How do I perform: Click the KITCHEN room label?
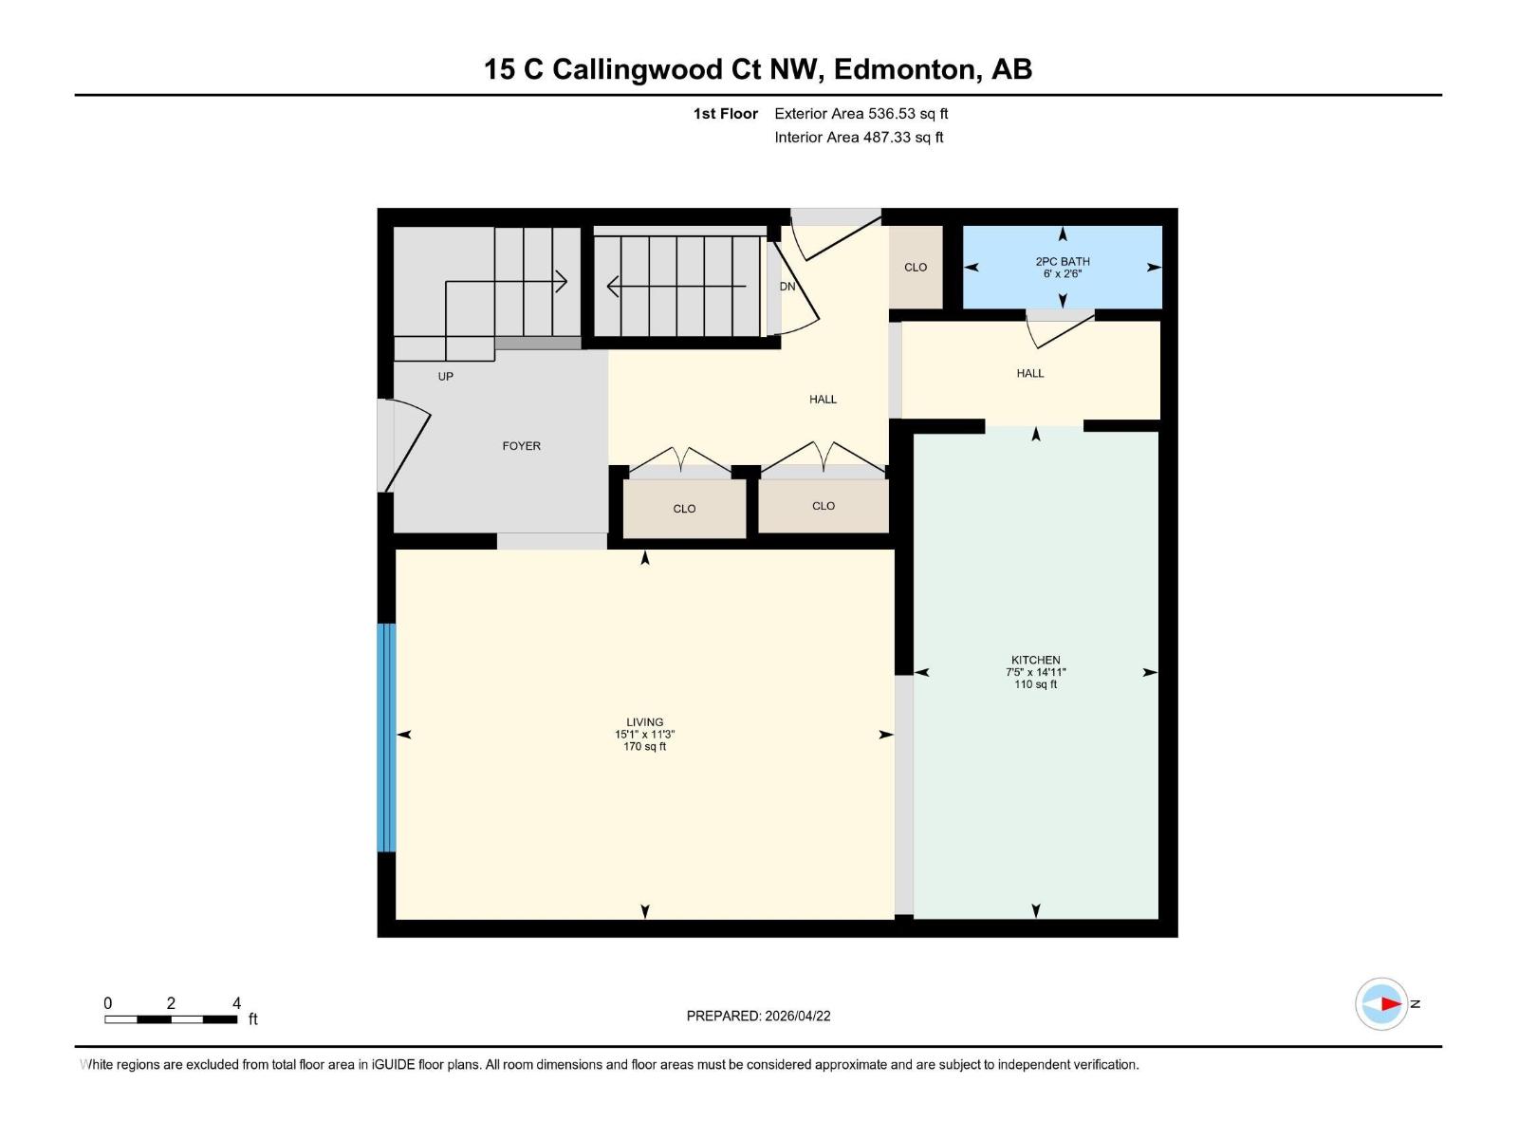[1035, 660]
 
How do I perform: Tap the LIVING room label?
[644, 721]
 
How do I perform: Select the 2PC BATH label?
[1062, 261]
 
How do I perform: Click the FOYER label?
[521, 445]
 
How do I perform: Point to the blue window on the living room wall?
[386, 738]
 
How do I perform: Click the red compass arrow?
[1390, 1003]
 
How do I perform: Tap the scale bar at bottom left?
[171, 1019]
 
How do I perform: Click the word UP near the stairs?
[445, 376]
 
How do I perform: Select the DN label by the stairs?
[787, 286]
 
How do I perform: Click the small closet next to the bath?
[916, 267]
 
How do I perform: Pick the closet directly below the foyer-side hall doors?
[684, 509]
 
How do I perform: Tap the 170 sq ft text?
[644, 747]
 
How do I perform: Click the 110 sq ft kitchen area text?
[1035, 684]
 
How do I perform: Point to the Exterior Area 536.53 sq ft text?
[861, 113]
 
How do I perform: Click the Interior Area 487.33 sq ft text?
[859, 137]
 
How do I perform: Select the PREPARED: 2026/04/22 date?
[758, 1016]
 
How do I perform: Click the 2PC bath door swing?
[1060, 330]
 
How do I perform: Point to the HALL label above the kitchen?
[1029, 373]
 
